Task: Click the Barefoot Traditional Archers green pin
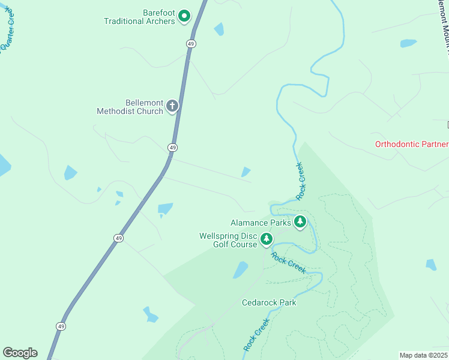point(184,16)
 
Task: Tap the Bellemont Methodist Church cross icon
point(172,107)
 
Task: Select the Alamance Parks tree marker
point(300,223)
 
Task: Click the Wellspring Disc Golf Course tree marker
point(267,239)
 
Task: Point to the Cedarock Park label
point(269,302)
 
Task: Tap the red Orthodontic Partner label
point(411,144)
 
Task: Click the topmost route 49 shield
point(191,44)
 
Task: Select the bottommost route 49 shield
point(61,326)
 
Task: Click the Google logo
point(20,353)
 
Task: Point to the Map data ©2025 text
point(424,355)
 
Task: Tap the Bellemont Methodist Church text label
point(130,107)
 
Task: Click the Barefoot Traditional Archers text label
point(139,16)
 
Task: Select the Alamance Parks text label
point(261,223)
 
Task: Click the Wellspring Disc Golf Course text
point(228,239)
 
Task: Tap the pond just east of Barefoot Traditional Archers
point(219,29)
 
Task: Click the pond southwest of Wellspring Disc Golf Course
point(241,269)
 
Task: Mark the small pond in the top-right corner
point(408,43)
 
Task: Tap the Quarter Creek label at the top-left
point(7,27)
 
